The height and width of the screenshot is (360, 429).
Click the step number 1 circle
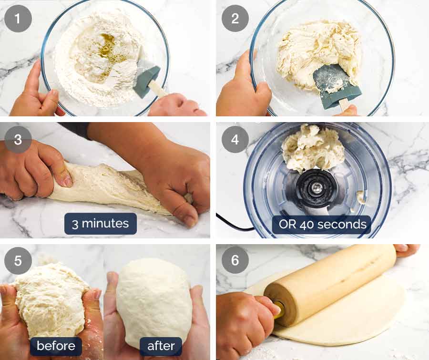[x=18, y=19]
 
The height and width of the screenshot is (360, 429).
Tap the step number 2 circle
[x=235, y=19]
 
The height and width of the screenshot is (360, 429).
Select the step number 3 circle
[x=18, y=140]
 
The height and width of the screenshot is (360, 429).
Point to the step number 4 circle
[x=235, y=140]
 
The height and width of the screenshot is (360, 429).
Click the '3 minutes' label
[x=101, y=224]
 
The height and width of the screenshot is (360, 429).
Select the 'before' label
[x=56, y=346]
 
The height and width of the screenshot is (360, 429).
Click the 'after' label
[x=161, y=346]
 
